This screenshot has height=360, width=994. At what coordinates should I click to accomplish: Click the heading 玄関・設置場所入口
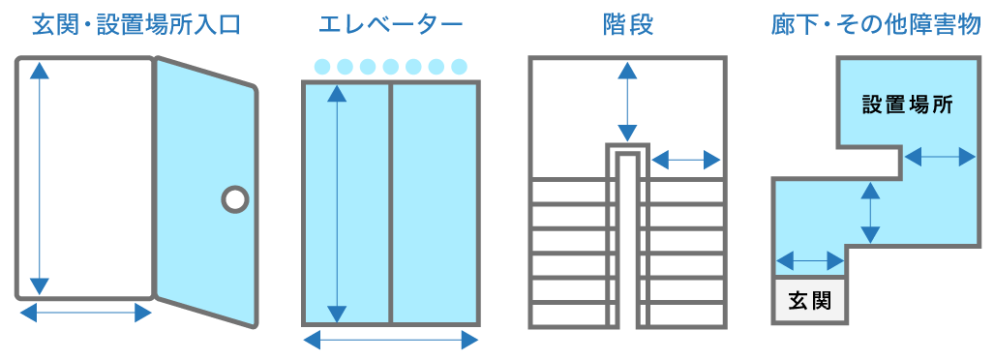click(x=136, y=24)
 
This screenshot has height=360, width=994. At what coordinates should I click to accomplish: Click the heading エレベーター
click(x=390, y=24)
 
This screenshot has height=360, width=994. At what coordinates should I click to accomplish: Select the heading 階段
click(x=627, y=24)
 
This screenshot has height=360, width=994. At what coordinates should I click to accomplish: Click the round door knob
click(x=234, y=199)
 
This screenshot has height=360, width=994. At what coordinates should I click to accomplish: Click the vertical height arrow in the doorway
click(x=39, y=177)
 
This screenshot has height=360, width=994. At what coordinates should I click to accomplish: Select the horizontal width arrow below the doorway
click(x=85, y=313)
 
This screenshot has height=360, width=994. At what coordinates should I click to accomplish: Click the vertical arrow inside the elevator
click(x=336, y=203)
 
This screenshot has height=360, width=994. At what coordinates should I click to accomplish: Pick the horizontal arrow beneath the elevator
click(x=390, y=340)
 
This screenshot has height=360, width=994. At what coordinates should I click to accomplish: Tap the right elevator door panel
click(x=435, y=203)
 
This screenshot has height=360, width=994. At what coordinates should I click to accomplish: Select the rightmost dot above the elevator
click(x=459, y=67)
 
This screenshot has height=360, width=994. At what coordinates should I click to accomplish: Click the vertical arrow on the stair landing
click(x=627, y=102)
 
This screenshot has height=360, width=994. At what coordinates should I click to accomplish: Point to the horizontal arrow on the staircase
click(x=685, y=159)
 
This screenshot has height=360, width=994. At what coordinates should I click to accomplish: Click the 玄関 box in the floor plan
click(x=809, y=300)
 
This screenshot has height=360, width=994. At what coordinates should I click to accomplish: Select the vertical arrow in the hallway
click(x=870, y=212)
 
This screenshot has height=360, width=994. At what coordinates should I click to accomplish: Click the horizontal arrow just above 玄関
click(x=810, y=259)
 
